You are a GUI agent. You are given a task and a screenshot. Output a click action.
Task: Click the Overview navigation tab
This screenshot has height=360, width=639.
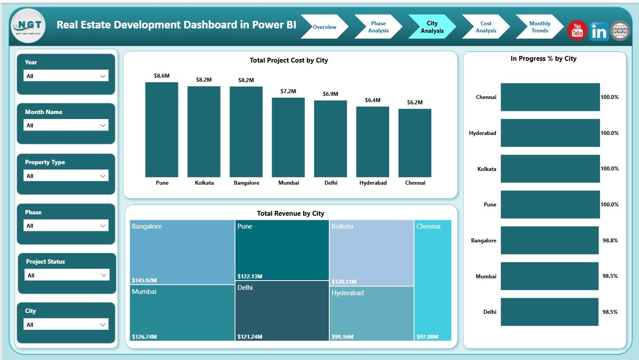pos(324,27)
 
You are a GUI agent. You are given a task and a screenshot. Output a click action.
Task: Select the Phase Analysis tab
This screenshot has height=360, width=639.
pos(378,27)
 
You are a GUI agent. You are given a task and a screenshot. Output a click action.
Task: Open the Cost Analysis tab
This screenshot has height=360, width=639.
pos(485,27)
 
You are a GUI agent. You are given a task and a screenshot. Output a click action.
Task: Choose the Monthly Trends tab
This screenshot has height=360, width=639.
pos(539,27)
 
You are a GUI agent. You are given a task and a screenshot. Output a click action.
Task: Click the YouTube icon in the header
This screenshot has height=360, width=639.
pos(577,31)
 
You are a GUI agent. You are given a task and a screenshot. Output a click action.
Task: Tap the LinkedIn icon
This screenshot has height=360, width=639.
pos(599,32)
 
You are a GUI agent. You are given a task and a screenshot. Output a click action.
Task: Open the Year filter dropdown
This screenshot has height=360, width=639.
pos(66,76)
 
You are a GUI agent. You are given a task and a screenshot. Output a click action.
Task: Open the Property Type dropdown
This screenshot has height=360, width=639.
pos(66,176)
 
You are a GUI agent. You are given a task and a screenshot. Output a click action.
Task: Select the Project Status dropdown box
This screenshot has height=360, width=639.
pos(67,275)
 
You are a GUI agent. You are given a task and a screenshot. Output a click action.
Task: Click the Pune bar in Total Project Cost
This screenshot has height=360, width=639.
pos(162,130)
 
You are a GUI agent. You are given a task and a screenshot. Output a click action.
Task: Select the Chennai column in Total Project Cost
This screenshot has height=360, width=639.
pos(414,143)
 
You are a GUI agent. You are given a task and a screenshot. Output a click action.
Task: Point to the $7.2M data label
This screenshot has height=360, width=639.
pos(288,91)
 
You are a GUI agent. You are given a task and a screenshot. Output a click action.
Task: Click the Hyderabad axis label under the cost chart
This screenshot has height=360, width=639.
pos(372,183)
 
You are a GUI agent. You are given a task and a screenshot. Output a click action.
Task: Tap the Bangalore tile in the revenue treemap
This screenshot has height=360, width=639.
pos(182,252)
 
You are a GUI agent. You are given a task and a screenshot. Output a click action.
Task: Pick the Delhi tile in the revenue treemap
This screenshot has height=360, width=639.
pos(282,311)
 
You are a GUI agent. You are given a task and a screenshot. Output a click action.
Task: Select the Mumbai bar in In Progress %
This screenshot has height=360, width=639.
pos(549,276)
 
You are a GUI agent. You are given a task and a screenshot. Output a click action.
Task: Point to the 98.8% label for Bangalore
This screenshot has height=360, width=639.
pos(610,240)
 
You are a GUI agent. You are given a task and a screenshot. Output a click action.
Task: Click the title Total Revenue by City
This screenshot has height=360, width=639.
pos(290,214)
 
